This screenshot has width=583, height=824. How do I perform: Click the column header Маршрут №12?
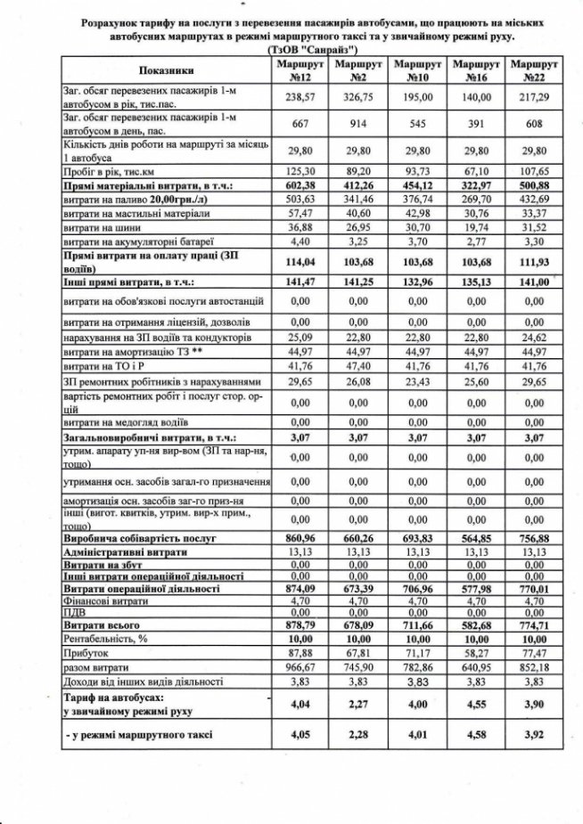pyautogui.click(x=299, y=72)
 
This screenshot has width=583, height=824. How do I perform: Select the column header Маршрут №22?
pyautogui.click(x=532, y=72)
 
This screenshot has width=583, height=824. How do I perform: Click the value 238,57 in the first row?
pyautogui.click(x=299, y=97)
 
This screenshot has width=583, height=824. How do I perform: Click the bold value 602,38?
pyautogui.click(x=299, y=186)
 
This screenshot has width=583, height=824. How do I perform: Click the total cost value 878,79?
pyautogui.click(x=299, y=625)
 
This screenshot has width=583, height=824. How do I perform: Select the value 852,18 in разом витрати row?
pyautogui.click(x=532, y=667)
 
